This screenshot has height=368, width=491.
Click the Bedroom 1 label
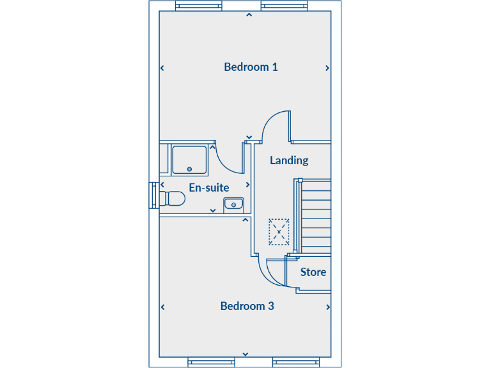(x=251, y=67)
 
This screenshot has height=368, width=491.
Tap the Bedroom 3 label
(x=247, y=306)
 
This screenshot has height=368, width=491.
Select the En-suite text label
(x=208, y=188)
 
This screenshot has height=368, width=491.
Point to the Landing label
(x=289, y=160)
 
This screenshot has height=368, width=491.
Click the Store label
(x=313, y=272)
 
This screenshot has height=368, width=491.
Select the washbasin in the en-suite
(x=233, y=204)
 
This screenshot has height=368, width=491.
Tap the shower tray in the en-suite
(x=189, y=159)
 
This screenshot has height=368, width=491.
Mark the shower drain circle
(x=189, y=169)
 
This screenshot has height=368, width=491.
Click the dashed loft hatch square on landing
(x=279, y=231)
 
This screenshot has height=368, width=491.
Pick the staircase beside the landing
(x=315, y=217)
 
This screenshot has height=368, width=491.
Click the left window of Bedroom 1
(x=199, y=7)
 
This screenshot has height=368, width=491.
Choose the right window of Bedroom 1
(x=284, y=7)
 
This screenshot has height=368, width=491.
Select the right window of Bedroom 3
(x=295, y=362)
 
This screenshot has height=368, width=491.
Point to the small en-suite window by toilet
(x=153, y=195)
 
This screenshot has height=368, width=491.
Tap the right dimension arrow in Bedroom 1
(x=327, y=68)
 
